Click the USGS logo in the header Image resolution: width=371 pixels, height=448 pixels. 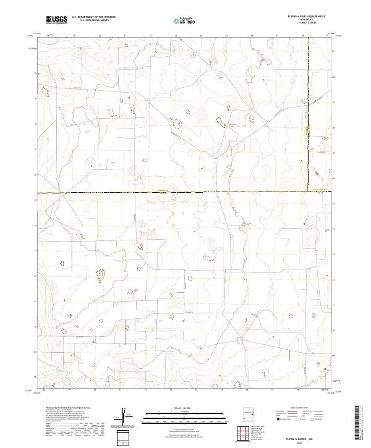point(57,20)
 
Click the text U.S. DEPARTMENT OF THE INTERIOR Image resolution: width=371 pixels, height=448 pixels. point(93,18)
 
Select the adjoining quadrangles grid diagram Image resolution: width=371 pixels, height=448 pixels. point(245,433)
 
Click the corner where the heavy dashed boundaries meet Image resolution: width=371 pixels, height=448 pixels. point(307,193)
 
